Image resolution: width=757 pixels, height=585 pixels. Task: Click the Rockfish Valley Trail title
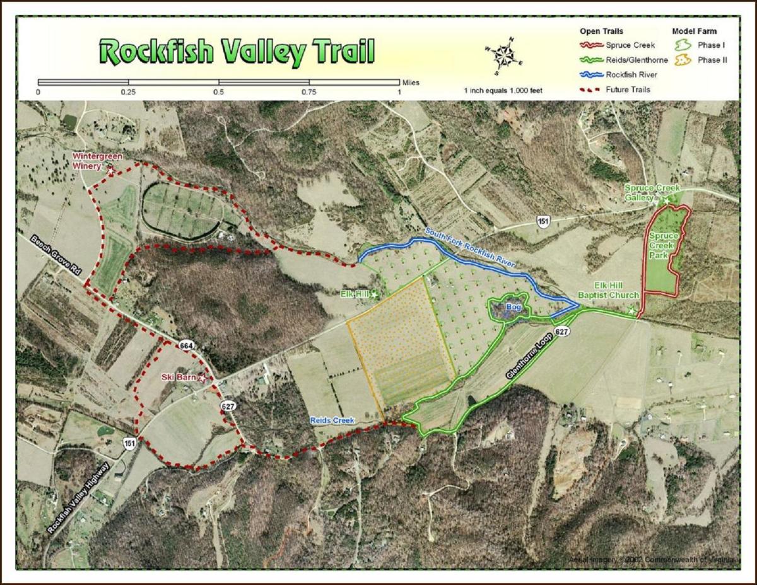237,52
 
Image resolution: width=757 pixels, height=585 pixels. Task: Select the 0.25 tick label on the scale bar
129,92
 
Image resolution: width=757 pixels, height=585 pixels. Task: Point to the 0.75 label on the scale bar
309,92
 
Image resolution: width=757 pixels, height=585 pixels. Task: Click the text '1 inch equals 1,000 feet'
503,90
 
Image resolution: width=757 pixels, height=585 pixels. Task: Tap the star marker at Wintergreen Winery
111,170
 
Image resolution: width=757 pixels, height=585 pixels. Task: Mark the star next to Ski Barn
202,378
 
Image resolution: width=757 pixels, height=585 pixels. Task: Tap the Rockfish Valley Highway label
79,498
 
